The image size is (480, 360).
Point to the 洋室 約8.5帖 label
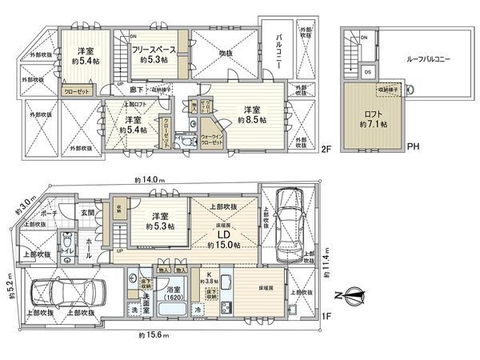251,114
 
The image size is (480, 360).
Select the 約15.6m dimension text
152,334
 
